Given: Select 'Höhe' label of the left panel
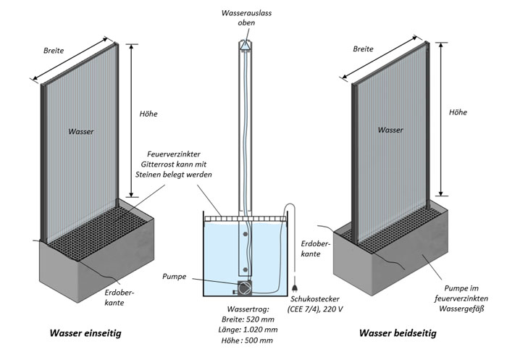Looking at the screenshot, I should coord(148,114).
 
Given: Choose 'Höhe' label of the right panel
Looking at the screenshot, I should coord(458,112).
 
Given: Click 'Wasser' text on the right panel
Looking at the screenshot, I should coord(390,130).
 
